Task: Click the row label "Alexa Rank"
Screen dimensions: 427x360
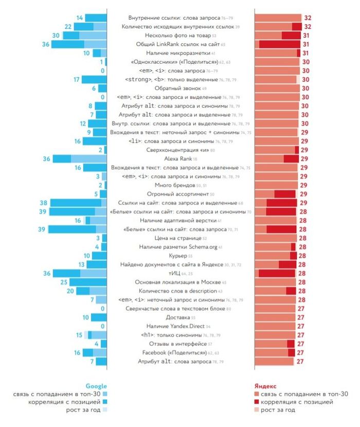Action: (174, 159)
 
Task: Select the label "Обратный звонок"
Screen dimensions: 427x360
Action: (174, 88)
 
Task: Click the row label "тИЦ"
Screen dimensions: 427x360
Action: (174, 273)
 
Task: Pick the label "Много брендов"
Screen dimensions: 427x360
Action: (174, 185)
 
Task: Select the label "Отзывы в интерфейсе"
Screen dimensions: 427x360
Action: (175, 344)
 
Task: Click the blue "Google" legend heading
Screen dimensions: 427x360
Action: (96, 386)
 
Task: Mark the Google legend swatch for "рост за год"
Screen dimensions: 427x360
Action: (104, 410)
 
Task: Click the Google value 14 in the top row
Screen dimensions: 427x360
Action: (80, 18)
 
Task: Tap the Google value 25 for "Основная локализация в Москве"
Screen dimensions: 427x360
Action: (64, 282)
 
